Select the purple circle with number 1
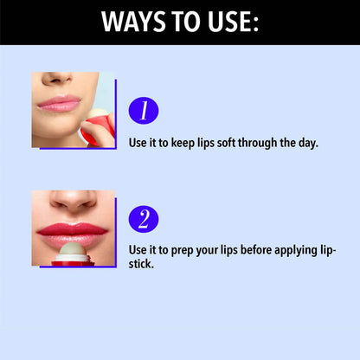point(144,111)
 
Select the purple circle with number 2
point(144,219)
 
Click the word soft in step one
point(227,143)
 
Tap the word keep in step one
point(183,143)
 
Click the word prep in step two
point(183,251)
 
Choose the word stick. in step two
point(141,264)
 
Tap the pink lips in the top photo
point(59,104)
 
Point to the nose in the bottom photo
point(74,201)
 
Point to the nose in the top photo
point(56,78)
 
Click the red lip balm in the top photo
point(99,127)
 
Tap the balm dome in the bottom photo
point(74,249)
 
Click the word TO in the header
point(187,22)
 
